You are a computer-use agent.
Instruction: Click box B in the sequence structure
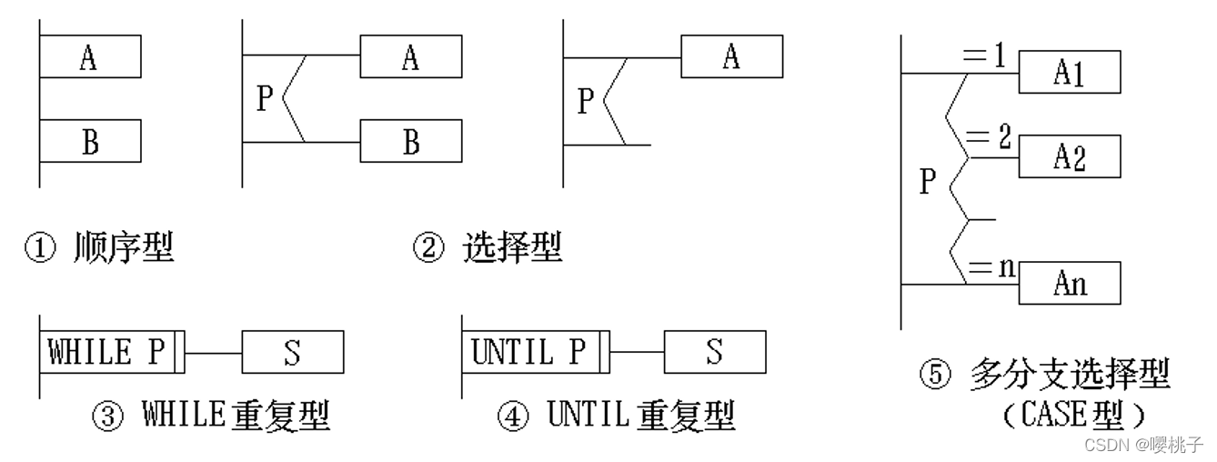tap(90, 141)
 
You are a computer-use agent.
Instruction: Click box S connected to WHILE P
tap(292, 352)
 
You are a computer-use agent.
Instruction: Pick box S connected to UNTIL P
tap(714, 352)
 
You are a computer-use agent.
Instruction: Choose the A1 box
tap(1069, 73)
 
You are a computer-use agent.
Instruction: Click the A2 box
tap(1069, 157)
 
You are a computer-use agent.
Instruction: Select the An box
tap(1069, 283)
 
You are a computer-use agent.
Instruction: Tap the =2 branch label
tap(987, 140)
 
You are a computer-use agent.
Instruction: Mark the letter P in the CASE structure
tap(927, 182)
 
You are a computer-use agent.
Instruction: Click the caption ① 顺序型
tap(98, 247)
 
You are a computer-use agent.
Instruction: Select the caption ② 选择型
tap(488, 247)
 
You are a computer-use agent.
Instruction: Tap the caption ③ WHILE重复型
tap(211, 417)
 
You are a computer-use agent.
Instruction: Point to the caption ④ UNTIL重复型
tap(616, 417)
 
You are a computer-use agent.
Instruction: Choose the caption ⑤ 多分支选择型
tap(1044, 375)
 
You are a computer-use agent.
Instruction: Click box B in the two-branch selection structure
tap(410, 141)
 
